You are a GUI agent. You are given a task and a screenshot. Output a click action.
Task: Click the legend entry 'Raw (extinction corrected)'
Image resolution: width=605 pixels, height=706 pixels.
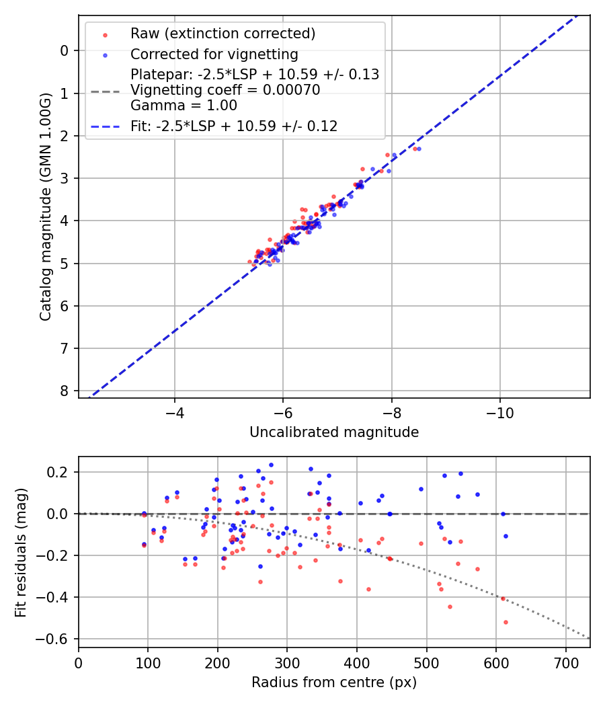pos(223,34)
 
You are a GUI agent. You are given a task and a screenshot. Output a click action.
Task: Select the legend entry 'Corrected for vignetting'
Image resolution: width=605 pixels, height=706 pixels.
pos(214,54)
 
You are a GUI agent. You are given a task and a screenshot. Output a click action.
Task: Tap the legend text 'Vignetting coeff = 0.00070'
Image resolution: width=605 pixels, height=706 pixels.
pos(225,90)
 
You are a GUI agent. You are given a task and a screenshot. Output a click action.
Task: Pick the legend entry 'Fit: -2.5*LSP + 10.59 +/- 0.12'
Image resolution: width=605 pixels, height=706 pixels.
pos(233,125)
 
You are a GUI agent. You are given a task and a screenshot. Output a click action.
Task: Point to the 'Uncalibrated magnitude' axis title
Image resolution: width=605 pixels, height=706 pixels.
pos(334,432)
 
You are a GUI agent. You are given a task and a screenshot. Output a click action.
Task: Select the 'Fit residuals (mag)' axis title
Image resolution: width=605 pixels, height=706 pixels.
pos(21,552)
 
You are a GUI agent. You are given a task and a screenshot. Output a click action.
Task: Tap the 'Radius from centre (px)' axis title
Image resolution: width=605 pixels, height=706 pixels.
pos(334,682)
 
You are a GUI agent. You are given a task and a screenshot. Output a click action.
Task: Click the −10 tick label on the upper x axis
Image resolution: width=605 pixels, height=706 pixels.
pos(499,411)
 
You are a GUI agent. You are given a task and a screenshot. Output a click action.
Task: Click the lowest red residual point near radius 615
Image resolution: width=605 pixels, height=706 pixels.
pos(506,622)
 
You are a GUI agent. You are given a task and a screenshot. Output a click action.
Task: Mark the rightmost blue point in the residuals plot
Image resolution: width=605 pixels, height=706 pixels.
pos(506,536)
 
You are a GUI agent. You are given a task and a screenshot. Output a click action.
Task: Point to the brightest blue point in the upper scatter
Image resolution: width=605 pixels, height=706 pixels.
pos(419,149)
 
